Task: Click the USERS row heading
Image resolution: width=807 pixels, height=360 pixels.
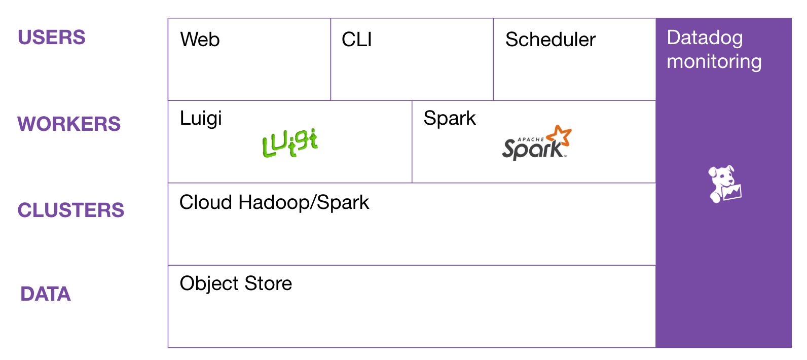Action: click(51, 38)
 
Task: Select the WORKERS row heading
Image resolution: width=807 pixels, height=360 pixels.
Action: click(69, 124)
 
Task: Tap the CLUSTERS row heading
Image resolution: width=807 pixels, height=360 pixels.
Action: click(70, 210)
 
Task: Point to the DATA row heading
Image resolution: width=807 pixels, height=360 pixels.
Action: click(46, 294)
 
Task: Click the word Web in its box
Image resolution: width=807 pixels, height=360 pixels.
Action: click(200, 40)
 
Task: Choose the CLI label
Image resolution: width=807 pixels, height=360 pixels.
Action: click(357, 40)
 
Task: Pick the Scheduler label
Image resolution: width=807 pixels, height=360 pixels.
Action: click(551, 40)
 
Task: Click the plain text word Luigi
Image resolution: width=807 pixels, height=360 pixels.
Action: click(201, 119)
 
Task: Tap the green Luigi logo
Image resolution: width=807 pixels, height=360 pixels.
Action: click(290, 143)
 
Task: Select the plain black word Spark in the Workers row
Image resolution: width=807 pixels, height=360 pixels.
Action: click(450, 118)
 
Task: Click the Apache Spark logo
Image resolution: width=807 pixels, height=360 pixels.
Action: click(535, 145)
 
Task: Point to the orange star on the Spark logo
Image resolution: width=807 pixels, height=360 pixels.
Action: click(561, 135)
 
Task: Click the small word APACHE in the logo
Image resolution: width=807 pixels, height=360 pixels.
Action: click(530, 139)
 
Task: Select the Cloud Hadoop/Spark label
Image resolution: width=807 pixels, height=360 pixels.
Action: click(274, 202)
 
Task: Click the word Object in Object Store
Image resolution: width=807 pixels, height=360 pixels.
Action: click(209, 283)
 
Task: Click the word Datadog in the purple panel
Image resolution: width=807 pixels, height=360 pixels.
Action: click(705, 38)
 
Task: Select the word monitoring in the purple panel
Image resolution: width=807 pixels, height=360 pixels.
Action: click(714, 61)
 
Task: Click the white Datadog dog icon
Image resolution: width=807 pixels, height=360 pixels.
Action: click(724, 184)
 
